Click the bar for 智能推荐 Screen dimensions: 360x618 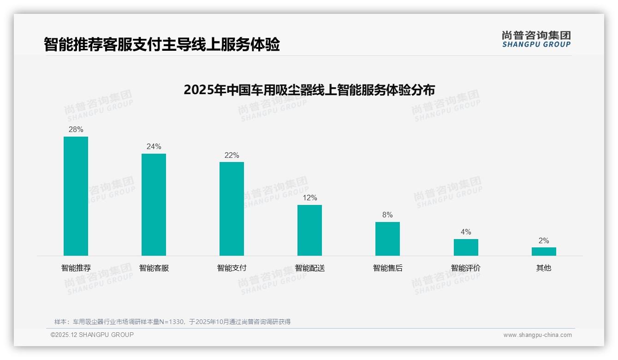76,196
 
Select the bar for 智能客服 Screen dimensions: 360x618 154,204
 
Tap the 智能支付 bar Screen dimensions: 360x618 232,209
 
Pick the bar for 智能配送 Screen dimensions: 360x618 309,230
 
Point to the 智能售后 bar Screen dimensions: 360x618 387,239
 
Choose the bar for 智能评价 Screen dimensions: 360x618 466,247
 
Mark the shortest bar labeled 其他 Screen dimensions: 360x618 544,252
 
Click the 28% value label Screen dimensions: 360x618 76,130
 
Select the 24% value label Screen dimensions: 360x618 154,147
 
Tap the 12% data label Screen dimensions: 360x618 309,198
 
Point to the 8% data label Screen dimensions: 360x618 387,215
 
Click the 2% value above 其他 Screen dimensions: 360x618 544,241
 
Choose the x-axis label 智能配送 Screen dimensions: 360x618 309,268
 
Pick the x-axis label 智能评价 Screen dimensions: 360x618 466,268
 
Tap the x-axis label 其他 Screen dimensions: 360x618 544,268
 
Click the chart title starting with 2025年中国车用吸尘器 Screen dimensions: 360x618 309,90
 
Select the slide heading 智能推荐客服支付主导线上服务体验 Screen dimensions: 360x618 162,45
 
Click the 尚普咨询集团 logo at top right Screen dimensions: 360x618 536,39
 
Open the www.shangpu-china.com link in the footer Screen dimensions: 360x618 537,335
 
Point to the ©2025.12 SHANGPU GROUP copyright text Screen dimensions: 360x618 92,335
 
